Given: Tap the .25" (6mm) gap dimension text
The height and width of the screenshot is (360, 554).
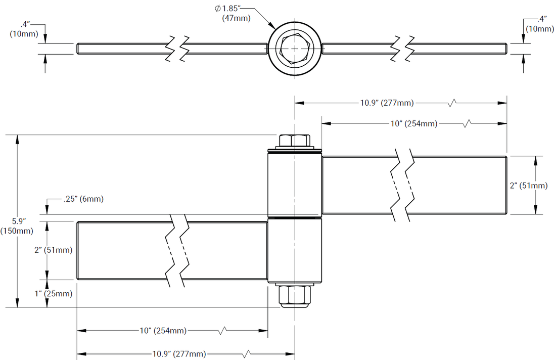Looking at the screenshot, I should click(83, 199).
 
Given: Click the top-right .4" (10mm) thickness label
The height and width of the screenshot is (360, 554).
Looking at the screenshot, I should click(539, 24).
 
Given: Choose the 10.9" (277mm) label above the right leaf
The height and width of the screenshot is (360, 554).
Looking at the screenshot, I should click(387, 103).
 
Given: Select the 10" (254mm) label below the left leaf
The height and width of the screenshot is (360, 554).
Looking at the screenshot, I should click(163, 331).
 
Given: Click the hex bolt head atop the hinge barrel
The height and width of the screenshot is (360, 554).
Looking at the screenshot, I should click(294, 141).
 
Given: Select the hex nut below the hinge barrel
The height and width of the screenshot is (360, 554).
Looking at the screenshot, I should click(294, 296).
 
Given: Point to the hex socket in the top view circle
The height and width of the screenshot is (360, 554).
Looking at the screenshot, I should click(294, 49).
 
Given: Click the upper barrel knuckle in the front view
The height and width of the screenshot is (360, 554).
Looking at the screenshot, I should click(294, 185).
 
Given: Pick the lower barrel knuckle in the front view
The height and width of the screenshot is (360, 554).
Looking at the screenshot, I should click(294, 250).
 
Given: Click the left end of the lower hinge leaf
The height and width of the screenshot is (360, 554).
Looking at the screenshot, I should click(78, 250).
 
